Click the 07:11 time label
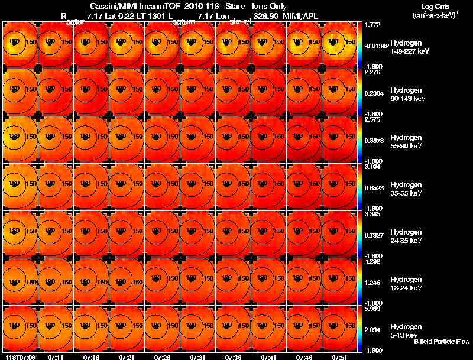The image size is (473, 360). click(56, 357)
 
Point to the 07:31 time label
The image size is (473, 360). click(197, 357)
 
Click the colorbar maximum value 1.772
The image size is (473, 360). click(373, 25)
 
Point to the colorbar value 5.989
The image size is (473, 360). click(373, 309)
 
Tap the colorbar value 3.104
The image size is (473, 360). click(373, 167)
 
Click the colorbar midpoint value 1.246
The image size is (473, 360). click(373, 283)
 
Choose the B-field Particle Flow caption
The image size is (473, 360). click(441, 342)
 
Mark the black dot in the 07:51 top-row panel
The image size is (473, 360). click(333, 44)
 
